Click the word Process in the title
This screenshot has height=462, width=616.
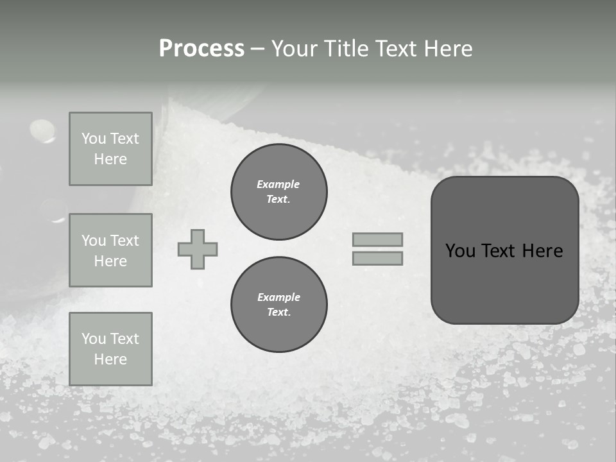(201, 49)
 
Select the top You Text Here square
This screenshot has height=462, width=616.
(110, 149)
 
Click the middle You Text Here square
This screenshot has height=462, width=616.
(110, 250)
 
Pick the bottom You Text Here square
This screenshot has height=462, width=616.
(110, 349)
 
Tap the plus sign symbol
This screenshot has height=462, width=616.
(198, 249)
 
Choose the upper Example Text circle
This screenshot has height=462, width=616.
(279, 192)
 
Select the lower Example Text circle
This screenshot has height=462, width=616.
(279, 305)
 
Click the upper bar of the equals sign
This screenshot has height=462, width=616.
(377, 239)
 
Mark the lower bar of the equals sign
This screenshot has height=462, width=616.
(377, 259)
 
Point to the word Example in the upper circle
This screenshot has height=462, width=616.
(278, 184)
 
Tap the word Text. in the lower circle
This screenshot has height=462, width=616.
(278, 312)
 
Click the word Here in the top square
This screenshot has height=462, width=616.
(110, 159)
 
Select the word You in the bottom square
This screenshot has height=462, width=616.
(93, 339)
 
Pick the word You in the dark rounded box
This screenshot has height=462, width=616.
(461, 251)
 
